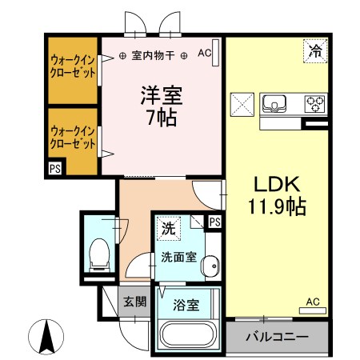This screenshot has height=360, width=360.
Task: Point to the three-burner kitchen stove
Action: click(314, 103)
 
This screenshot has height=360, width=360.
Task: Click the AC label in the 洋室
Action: click(204, 54)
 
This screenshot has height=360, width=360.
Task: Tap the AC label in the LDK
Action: click(312, 302)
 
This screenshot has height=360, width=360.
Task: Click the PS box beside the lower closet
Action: click(54, 169)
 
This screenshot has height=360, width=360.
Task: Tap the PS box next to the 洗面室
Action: click(214, 222)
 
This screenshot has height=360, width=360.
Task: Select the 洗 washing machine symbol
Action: click(168, 228)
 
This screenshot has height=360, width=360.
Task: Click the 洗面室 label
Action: click(177, 257)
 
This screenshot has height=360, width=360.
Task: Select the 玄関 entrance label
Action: click(133, 302)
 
